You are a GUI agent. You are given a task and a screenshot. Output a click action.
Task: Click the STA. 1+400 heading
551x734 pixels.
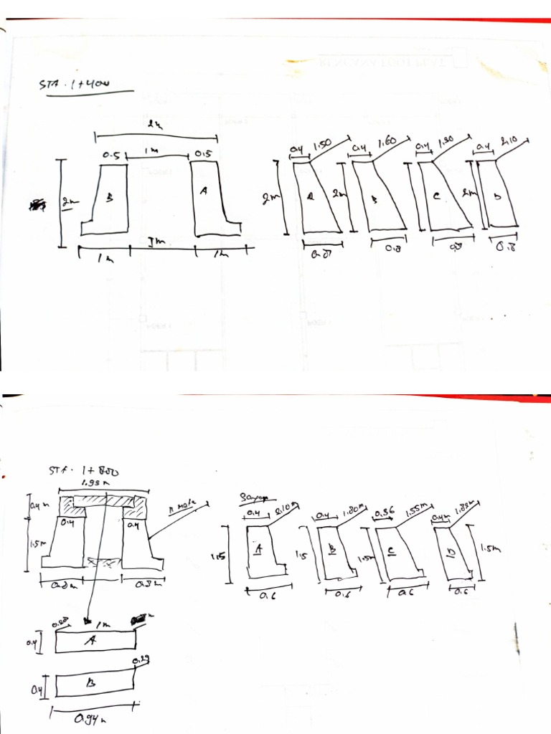(x=73, y=85)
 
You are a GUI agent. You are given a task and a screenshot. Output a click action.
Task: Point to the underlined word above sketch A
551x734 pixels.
(x=252, y=497)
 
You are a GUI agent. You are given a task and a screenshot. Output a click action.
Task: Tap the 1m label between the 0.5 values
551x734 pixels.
(x=152, y=151)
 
